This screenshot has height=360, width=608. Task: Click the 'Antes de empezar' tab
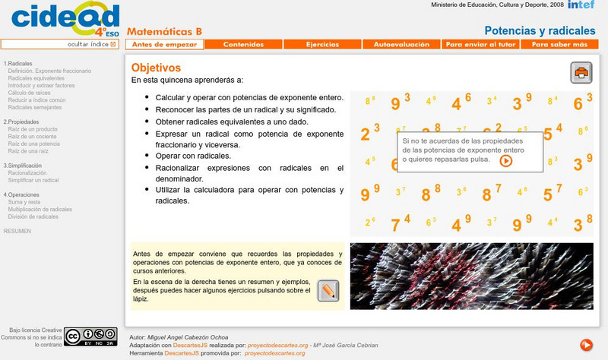click(x=165, y=45)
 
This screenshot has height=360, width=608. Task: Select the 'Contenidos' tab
click(x=243, y=45)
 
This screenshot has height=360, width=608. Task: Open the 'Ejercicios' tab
click(x=322, y=45)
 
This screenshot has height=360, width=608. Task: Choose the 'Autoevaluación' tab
click(x=401, y=45)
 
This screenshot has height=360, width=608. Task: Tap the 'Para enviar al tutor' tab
click(x=480, y=45)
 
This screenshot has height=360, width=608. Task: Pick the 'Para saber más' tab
click(x=559, y=45)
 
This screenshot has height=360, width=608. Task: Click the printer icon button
click(x=581, y=73)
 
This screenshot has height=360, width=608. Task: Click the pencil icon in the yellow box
click(x=328, y=291)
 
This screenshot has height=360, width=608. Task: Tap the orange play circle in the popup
click(x=506, y=160)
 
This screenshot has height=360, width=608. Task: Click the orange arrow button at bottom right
click(x=586, y=345)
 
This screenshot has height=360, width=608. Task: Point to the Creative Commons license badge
click(x=90, y=336)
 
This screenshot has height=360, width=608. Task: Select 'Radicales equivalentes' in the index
click(x=36, y=78)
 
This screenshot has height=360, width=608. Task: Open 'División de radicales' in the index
click(x=33, y=216)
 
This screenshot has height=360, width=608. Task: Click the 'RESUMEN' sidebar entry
click(x=17, y=231)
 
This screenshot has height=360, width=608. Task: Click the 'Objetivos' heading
click(x=156, y=68)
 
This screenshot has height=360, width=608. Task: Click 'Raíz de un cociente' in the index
click(x=32, y=136)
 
